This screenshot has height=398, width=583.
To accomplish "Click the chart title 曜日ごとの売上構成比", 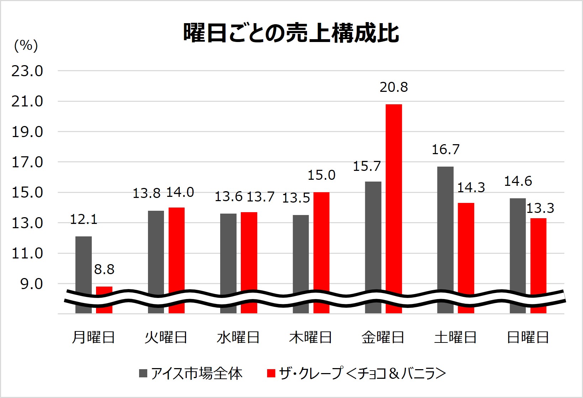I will tap(291, 33).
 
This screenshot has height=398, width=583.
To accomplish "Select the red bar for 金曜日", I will tap(394, 199).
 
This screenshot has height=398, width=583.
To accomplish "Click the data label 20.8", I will tap(394, 87).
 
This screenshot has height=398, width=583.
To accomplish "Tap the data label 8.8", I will tap(104, 269).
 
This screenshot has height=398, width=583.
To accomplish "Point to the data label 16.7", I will tap(445, 150).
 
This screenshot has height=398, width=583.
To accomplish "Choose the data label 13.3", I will tap(540, 208).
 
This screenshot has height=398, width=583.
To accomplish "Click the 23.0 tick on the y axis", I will tap(27, 71).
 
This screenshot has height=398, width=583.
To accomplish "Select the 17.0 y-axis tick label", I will tap(27, 162).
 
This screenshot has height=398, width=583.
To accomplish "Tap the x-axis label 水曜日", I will tap(238, 337).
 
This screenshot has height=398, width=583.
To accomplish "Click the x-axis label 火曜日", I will tap(166, 337).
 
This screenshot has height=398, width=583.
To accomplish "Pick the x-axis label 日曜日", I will tap(528, 337).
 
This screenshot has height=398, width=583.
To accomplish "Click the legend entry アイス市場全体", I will tap(197, 373).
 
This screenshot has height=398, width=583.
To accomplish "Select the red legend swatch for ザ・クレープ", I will tap(271, 373).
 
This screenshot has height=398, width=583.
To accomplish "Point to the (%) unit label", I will tap(26, 46).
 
